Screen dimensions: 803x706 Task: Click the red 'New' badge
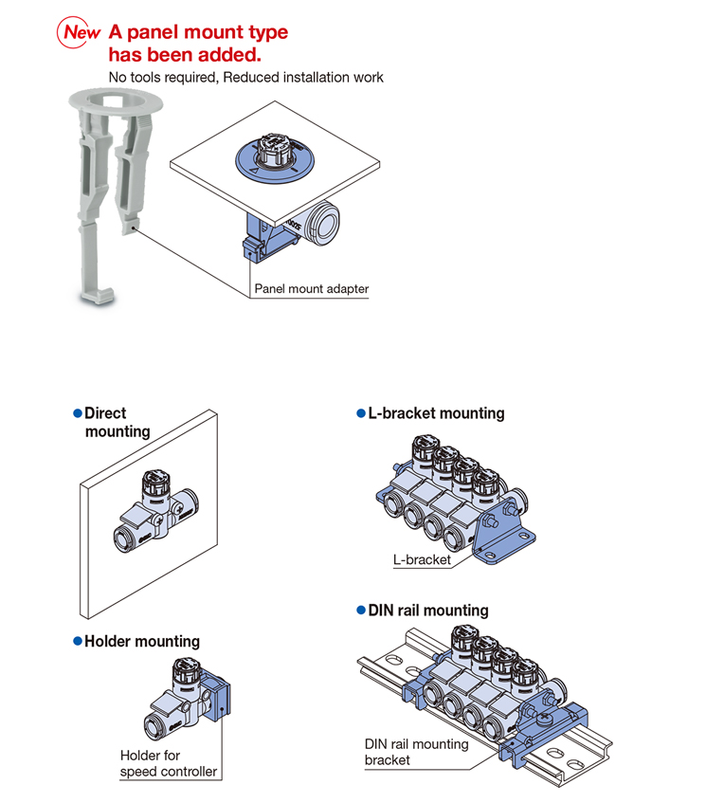pyautogui.click(x=81, y=32)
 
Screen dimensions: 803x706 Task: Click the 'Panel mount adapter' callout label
pyautogui.click(x=311, y=289)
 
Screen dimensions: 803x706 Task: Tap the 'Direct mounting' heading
pyautogui.click(x=117, y=423)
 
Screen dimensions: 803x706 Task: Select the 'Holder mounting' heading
pyautogui.click(x=142, y=642)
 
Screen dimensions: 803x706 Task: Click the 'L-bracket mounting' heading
pyautogui.click(x=436, y=413)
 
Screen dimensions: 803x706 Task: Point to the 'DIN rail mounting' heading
pyautogui.click(x=428, y=611)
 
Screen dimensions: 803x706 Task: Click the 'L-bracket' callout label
pyautogui.click(x=422, y=559)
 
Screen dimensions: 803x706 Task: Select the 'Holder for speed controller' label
pyautogui.click(x=168, y=763)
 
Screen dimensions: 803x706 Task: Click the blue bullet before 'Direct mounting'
pyautogui.click(x=78, y=414)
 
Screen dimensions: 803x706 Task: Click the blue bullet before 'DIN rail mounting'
pyautogui.click(x=360, y=611)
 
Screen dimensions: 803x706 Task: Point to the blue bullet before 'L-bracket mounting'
pyautogui.click(x=360, y=414)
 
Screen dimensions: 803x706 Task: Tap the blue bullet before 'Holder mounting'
pyautogui.click(x=78, y=643)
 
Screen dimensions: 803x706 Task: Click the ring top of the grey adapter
pyautogui.click(x=117, y=98)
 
